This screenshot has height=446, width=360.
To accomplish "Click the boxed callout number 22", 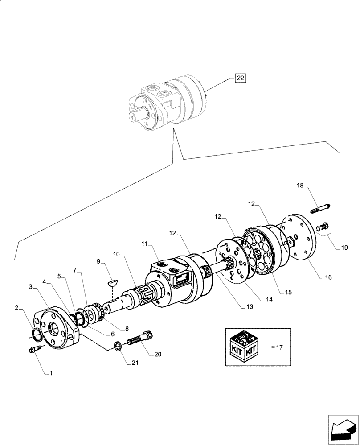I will click(x=240, y=78).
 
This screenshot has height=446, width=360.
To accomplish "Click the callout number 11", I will click(x=144, y=244).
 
